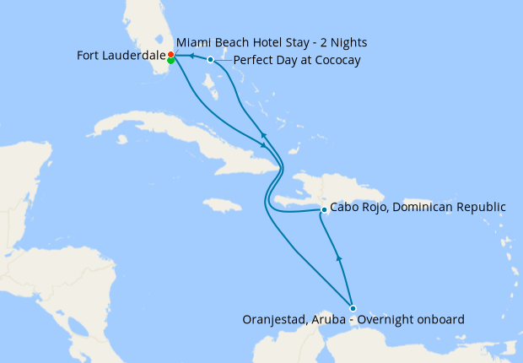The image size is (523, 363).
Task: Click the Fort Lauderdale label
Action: (121, 57)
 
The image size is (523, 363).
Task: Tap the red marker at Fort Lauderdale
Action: (171, 54)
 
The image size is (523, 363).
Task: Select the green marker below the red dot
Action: (171, 60)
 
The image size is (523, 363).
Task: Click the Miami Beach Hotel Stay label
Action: (272, 41)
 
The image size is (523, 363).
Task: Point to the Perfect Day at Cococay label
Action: (297, 60)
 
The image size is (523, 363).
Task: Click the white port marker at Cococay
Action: (210, 59)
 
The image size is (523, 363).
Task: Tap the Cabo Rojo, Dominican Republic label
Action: (418, 207)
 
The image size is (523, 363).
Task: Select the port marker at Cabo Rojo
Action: (324, 209)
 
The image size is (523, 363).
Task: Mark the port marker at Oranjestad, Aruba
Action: (353, 308)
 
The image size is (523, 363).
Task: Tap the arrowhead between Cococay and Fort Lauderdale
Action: (191, 57)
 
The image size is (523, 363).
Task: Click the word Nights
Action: (348, 41)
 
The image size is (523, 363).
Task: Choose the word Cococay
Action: (335, 60)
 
